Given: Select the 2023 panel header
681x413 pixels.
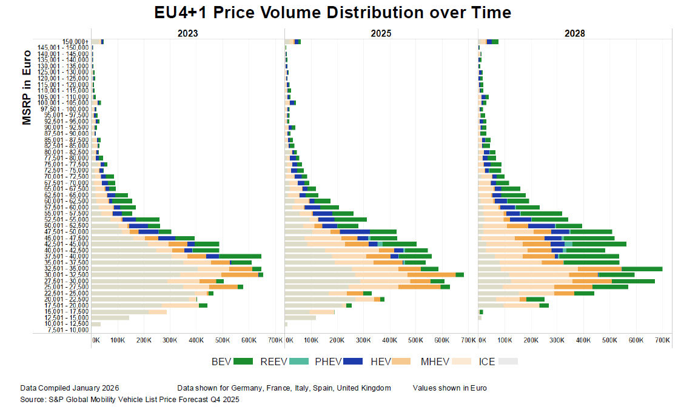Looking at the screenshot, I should click(x=187, y=34).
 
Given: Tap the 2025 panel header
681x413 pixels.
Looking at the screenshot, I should click(x=381, y=34).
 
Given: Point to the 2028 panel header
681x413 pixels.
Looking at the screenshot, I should click(x=574, y=34).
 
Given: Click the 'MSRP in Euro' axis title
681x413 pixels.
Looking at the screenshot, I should click(x=27, y=88).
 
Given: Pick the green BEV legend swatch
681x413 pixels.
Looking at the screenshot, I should click(x=243, y=362).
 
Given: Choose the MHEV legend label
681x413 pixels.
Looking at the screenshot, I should click(x=435, y=362).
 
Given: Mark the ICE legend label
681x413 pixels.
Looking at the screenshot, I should click(x=487, y=362).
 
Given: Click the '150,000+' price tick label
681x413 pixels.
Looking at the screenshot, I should click(x=75, y=41).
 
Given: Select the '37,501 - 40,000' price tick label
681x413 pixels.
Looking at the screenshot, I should click(x=65, y=256).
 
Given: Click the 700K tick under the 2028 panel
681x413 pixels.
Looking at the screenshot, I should click(x=662, y=341).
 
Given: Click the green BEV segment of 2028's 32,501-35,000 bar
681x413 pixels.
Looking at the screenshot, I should click(x=642, y=269).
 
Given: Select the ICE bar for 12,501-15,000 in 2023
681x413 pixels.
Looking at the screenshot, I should click(x=110, y=318).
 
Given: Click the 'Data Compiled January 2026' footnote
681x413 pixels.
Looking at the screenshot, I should click(x=69, y=388).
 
